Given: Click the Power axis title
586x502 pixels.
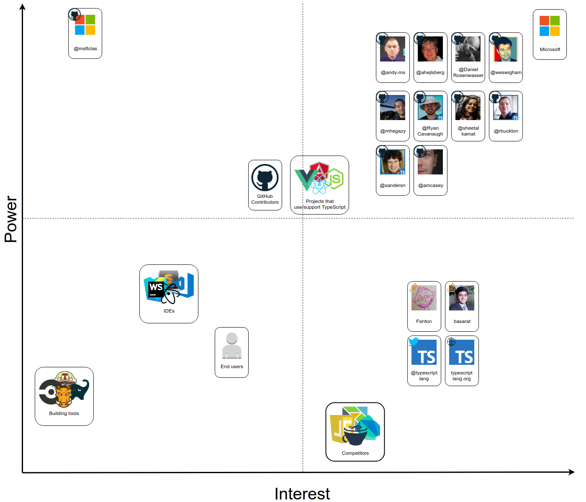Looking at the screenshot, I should [11, 219].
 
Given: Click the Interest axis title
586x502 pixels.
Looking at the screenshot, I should [302, 494].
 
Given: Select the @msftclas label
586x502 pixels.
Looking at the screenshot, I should [85, 49].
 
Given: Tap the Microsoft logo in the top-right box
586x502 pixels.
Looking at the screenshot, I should [550, 26].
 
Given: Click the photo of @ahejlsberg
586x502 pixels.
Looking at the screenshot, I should [430, 49].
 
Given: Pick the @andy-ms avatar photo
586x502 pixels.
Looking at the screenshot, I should [393, 49].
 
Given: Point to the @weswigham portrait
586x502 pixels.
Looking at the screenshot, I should [506, 49].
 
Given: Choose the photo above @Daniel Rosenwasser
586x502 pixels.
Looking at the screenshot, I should [468, 49].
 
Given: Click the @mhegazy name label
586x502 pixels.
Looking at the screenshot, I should [393, 131].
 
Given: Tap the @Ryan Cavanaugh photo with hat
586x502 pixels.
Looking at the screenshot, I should [430, 108].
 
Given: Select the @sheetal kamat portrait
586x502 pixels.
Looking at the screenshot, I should [468, 108].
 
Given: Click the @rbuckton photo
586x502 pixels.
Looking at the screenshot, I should [506, 108].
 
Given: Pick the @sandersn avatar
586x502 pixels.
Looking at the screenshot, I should [393, 162].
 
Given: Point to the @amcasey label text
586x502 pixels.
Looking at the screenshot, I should [430, 185].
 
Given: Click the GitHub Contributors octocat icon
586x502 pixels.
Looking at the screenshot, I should [265, 178].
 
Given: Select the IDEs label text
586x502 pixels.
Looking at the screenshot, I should [169, 311].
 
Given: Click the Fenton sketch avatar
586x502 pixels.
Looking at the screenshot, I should [424, 298].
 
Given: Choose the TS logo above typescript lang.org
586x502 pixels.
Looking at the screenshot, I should [462, 352].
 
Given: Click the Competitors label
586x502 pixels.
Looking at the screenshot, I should [355, 453].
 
